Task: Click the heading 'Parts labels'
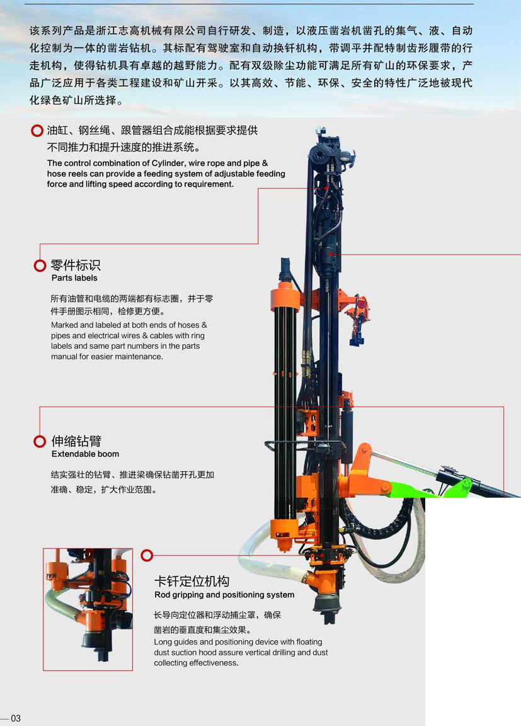pos(74,278)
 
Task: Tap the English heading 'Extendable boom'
pos(86,454)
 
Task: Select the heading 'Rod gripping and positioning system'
pos(224,595)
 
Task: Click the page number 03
pos(16,718)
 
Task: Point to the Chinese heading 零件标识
pos(76,265)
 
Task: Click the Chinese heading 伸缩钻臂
pos(76,441)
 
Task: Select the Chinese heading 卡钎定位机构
pos(192,581)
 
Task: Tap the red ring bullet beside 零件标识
pos(40,266)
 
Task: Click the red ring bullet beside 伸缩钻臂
pos(40,442)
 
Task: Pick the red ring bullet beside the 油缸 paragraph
pos(37,131)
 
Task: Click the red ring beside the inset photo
pos(147,554)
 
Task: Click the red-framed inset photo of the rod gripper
pos(88,609)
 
